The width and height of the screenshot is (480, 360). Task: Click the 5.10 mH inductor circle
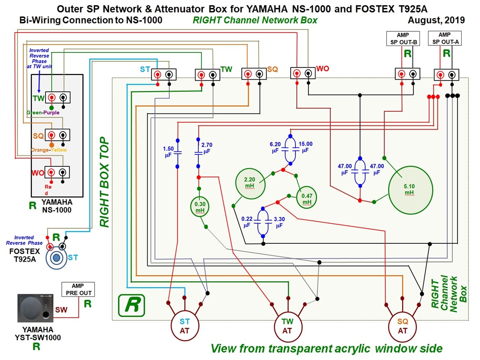click(x=409, y=189)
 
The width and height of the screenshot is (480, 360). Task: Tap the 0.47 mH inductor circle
click(x=307, y=199)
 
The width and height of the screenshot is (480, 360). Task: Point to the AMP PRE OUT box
click(x=78, y=289)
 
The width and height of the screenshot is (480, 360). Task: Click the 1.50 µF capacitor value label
click(x=168, y=152)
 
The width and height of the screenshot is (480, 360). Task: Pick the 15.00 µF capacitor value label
click(x=305, y=147)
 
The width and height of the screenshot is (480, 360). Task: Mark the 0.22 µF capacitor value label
click(x=247, y=222)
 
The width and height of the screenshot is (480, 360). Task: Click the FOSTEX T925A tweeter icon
click(x=58, y=257)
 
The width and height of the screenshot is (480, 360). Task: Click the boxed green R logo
click(x=131, y=306)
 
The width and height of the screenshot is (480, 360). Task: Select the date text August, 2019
click(x=436, y=20)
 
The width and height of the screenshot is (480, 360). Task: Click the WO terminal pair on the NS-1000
click(x=57, y=172)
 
